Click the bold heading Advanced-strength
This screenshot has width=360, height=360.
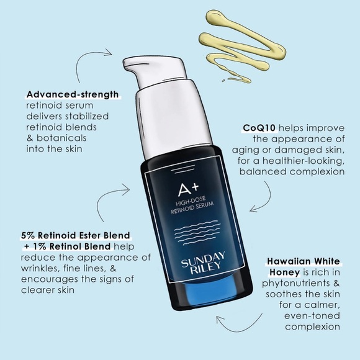[x=72, y=96]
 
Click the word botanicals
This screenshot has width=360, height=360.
[x=60, y=137]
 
